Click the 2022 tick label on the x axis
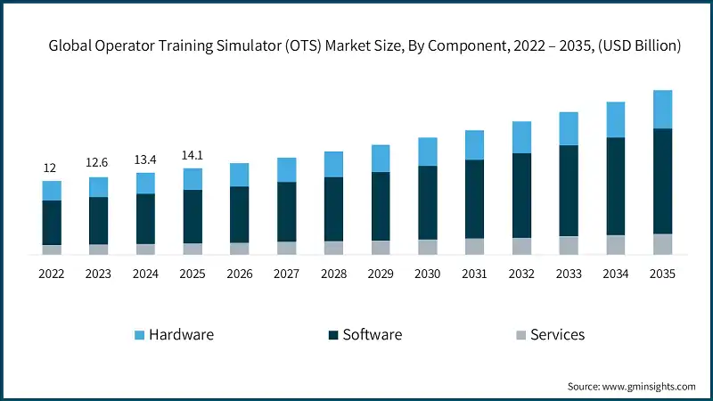[52, 274]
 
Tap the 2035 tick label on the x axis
[662, 274]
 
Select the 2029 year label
[381, 274]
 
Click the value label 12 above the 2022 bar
[52, 168]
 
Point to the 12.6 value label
[98, 162]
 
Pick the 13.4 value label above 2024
[145, 159]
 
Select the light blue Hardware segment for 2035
[662, 110]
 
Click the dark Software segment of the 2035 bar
[662, 181]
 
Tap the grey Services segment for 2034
[615, 245]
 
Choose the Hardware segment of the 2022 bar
[52, 191]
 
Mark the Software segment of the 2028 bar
[333, 209]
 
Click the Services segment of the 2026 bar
[240, 249]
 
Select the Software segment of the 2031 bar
[474, 199]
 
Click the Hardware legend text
[182, 335]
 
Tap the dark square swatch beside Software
[333, 335]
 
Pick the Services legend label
[557, 335]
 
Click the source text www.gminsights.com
[650, 386]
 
